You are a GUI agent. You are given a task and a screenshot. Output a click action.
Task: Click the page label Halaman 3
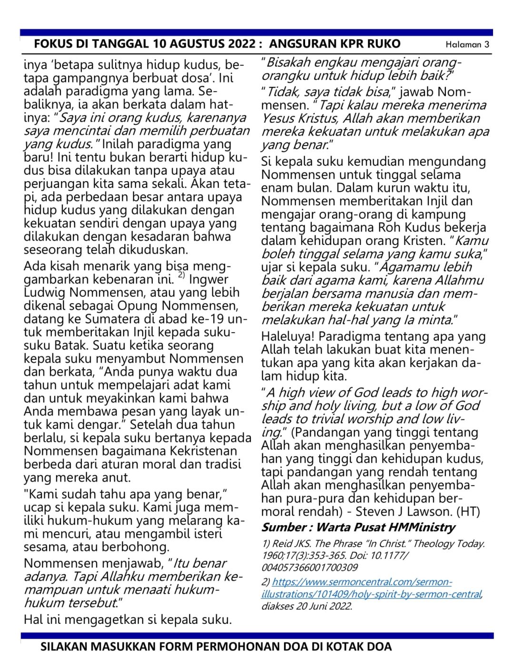pyautogui.click(x=467, y=45)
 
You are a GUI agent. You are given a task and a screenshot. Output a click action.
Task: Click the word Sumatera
pyautogui.click(x=115, y=319)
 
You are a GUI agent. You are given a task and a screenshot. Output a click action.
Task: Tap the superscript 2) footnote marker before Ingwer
pyautogui.click(x=182, y=276)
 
